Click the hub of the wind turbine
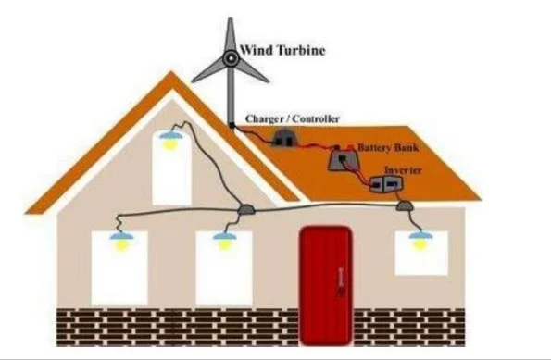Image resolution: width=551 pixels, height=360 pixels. point(231,59)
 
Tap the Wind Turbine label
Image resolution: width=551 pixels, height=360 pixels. point(282,50)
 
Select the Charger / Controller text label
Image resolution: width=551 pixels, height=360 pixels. point(293,119)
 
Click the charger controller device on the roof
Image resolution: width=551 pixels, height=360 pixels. point(284,138)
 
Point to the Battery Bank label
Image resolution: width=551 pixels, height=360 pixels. point(388,147)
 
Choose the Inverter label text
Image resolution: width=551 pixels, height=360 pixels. point(403,170)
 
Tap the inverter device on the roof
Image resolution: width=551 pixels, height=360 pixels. point(386,184)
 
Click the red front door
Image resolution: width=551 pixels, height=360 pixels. point(326,286)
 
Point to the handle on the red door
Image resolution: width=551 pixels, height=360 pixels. point(340,281)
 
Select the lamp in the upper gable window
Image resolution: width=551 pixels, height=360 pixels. point(170,139)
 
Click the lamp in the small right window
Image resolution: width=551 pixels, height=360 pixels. point(420,240)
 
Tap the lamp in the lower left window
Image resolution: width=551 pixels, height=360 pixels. point(121,241)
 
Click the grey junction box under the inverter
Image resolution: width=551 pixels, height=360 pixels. point(404,205)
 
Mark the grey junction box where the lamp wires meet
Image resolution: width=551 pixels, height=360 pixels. point(245,210)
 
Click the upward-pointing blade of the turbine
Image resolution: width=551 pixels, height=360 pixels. point(231,34)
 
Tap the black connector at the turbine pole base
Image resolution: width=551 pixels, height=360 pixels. point(232,125)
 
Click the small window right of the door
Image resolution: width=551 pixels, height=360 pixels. point(421,253)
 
